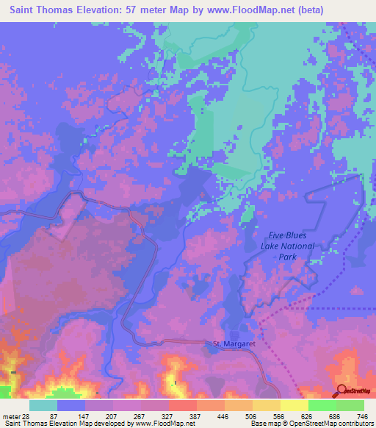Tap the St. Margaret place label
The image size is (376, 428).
coord(227,343)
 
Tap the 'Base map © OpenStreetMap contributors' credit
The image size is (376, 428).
coord(311,424)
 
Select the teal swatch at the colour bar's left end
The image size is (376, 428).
coord(43,405)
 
